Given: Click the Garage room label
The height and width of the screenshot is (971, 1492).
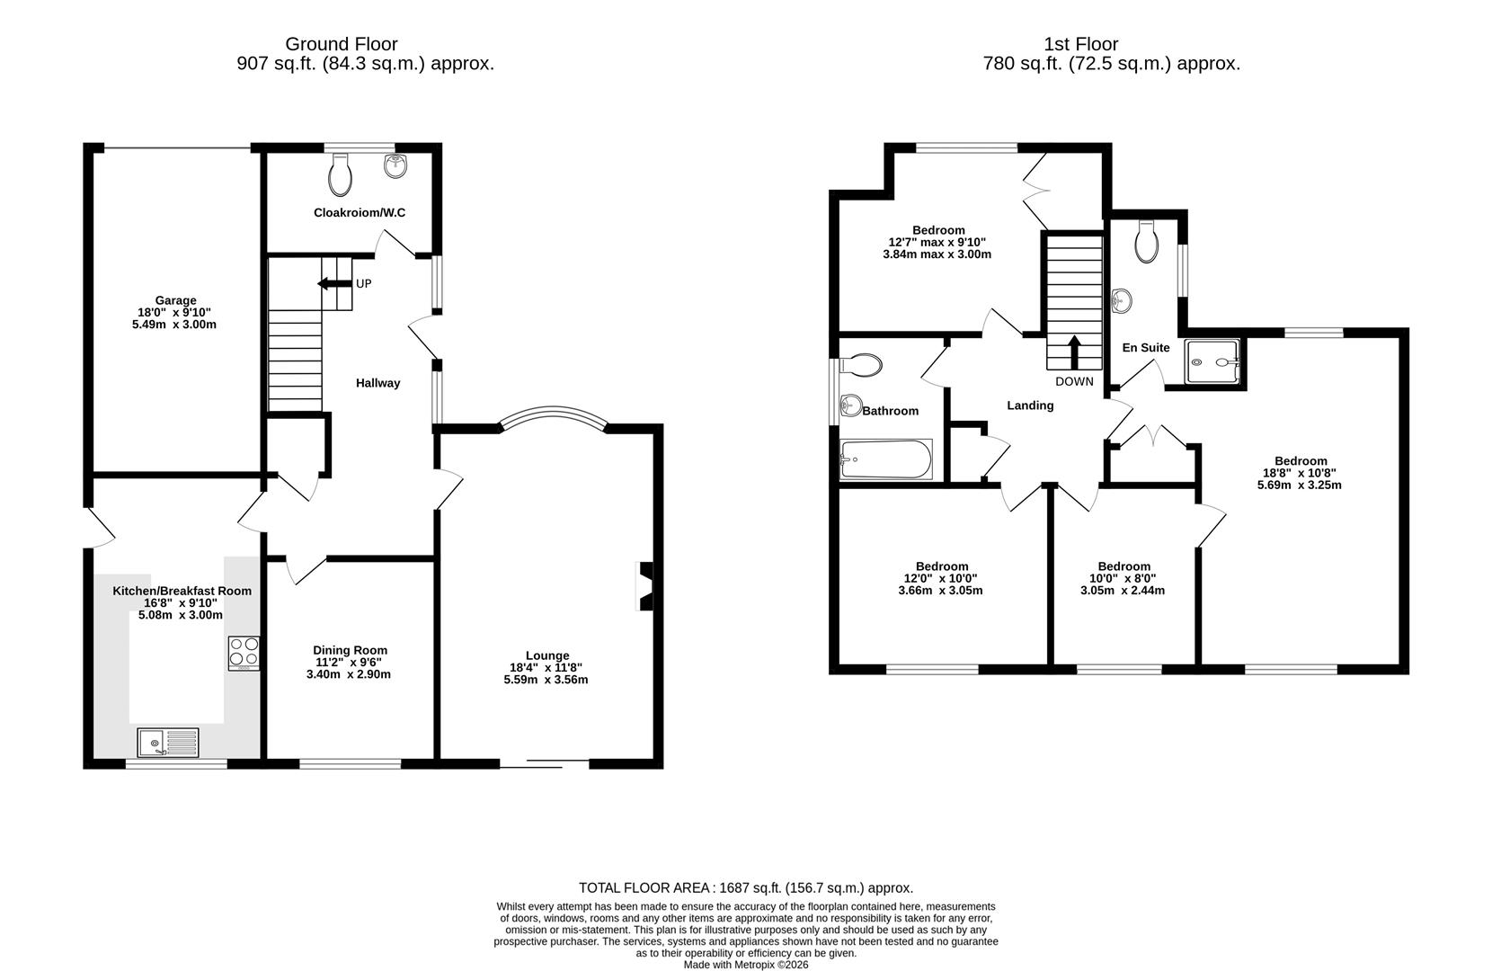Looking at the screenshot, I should pos(175,301).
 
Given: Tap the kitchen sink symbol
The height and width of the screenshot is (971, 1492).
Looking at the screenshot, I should pos(168,743).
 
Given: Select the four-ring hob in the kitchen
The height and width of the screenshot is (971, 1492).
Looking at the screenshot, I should pos(244,652).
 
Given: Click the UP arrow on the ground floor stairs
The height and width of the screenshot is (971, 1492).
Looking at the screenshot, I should pos(333,284).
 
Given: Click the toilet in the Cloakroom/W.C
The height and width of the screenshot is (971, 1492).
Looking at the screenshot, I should pos(340,174).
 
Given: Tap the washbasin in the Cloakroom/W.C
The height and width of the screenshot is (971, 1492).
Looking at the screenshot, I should pos(395,165).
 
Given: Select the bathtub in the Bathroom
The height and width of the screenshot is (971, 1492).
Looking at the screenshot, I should pos(886,459).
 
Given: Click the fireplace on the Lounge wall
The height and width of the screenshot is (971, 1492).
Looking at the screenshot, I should pos(644,586).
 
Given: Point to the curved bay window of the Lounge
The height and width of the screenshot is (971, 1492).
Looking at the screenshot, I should pos(553,417).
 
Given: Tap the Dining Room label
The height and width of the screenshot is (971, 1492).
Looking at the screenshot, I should pos(350,650).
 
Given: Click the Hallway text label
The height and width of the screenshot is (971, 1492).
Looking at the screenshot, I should pos(377,383).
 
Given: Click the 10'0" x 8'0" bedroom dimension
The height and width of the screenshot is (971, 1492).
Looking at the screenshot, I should pos(1123,578).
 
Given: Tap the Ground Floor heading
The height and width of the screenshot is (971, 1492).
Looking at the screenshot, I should pos(341,44).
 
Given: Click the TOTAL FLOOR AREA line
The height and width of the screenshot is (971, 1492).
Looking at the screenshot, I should pos(745,887).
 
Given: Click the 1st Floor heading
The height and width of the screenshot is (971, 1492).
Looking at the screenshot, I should pos(1080,44).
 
